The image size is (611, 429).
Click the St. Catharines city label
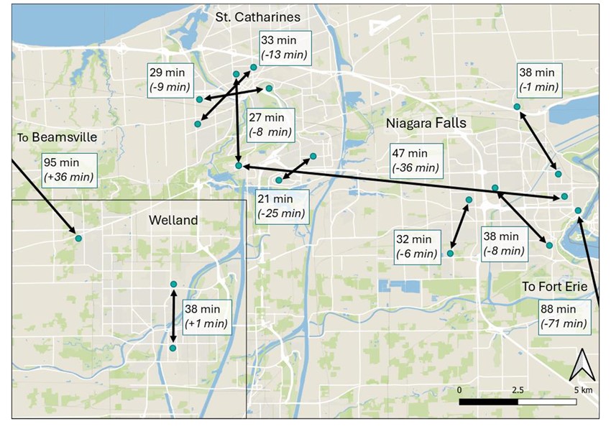click(x=259, y=16)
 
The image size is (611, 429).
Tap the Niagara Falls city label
click(x=426, y=123)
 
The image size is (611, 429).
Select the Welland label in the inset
click(x=173, y=220)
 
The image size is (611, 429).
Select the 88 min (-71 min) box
click(x=563, y=318)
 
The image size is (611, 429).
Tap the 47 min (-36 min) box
click(x=414, y=160)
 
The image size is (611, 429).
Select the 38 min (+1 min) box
click(x=206, y=316)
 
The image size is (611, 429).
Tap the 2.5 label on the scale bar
click(x=516, y=389)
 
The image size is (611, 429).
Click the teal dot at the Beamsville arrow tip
click(x=78, y=238)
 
